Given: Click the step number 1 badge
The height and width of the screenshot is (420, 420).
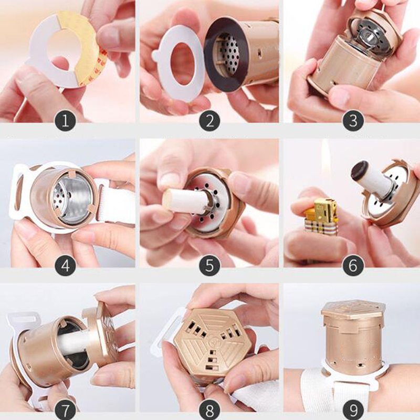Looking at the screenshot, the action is (x=65, y=121).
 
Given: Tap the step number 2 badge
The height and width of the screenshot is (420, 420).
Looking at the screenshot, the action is (x=209, y=121).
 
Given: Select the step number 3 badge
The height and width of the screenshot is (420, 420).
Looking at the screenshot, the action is (x=353, y=121).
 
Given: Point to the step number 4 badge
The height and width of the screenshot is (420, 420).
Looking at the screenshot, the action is (x=65, y=266).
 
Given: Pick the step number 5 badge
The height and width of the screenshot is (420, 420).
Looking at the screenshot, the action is (x=209, y=266).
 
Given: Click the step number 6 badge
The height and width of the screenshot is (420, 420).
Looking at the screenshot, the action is (x=353, y=266).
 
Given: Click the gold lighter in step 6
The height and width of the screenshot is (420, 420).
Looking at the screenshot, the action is (x=321, y=217).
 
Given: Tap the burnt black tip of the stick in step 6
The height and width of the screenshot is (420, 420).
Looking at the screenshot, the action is (x=359, y=169).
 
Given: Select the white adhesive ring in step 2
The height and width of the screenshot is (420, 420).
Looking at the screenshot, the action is (x=179, y=64).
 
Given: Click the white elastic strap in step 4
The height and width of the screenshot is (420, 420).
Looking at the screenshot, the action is (x=117, y=204).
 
